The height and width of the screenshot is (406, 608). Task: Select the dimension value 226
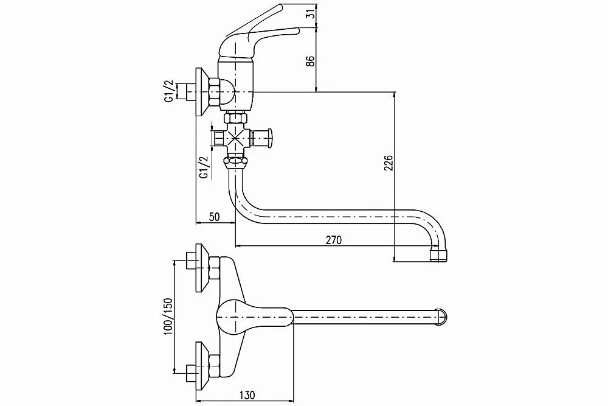pyautogui.click(x=389, y=163)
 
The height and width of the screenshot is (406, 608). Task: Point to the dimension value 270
pyautogui.click(x=333, y=240)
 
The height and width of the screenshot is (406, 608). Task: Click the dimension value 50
pyautogui.click(x=214, y=217)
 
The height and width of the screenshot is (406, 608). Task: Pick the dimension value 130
pyautogui.click(x=247, y=395)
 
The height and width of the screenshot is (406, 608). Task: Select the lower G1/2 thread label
pyautogui.click(x=203, y=167)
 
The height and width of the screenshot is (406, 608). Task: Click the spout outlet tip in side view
pyautogui.click(x=438, y=254)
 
